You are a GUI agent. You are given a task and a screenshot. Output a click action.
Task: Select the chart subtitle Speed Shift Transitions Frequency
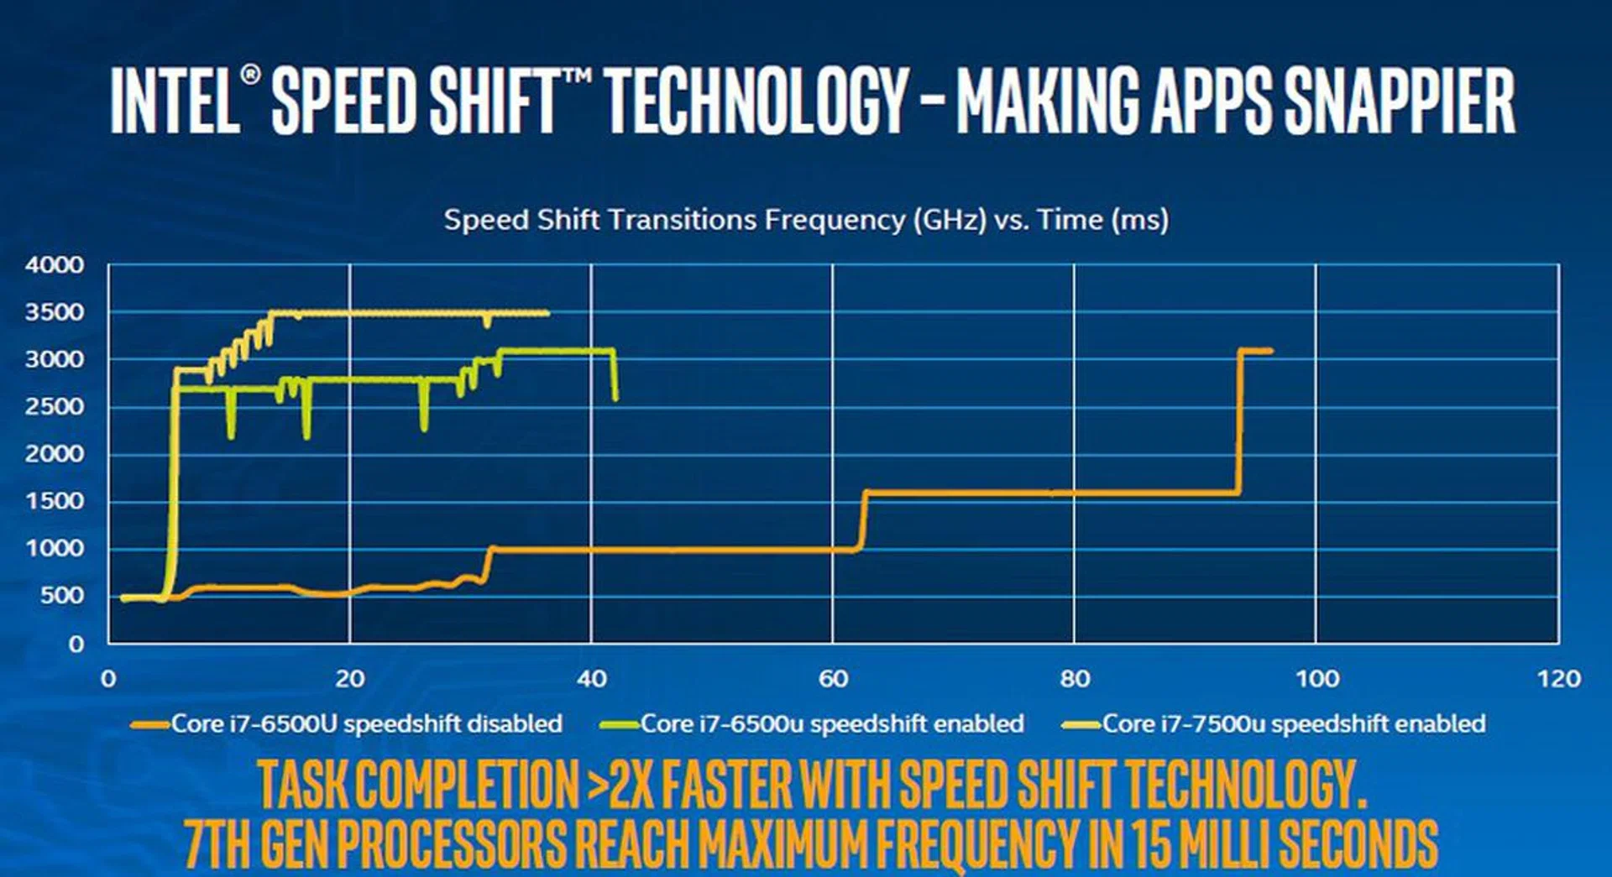tap(674, 221)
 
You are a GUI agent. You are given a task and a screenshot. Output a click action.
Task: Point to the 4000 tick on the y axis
tap(55, 265)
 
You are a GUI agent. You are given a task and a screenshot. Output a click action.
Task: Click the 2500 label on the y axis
tap(55, 407)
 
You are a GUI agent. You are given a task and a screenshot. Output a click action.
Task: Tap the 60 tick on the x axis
tap(833, 679)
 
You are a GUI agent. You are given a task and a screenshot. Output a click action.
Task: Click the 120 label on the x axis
tap(1558, 679)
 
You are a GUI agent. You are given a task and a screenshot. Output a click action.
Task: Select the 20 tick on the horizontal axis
tap(349, 679)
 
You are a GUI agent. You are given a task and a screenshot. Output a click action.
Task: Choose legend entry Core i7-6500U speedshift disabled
tap(347, 724)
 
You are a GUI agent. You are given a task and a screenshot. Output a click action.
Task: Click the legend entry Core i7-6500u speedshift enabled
tap(812, 724)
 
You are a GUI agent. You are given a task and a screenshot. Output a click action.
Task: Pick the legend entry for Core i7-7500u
tap(1274, 724)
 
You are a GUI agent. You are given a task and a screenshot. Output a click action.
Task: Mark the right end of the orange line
tap(1270, 351)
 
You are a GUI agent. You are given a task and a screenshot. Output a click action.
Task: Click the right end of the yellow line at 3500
tap(547, 313)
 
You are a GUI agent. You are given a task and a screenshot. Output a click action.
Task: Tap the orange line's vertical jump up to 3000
tap(1239, 421)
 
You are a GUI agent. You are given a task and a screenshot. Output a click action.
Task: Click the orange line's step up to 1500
tap(861, 521)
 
